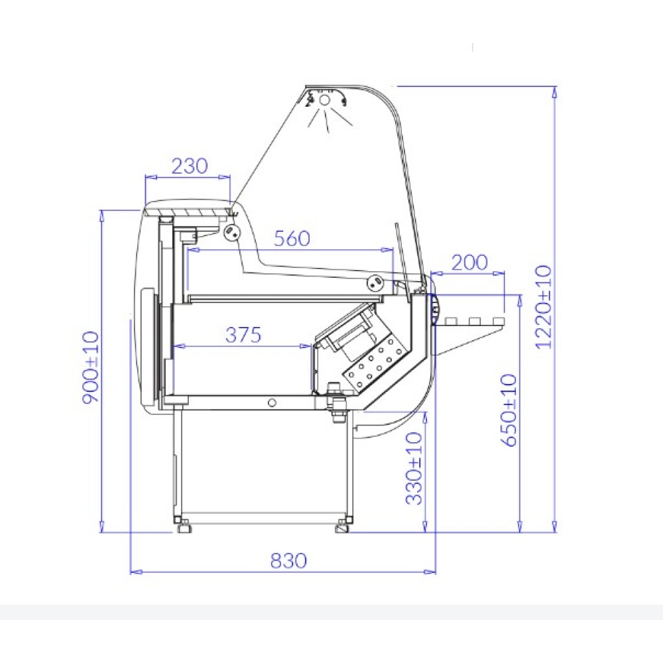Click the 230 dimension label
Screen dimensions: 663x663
(x=190, y=166)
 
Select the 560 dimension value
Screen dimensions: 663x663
(x=292, y=239)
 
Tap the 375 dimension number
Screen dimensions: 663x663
(x=243, y=335)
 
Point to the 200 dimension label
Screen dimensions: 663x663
(x=469, y=263)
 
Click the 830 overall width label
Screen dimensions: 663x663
(x=288, y=561)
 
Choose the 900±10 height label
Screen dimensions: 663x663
(x=90, y=367)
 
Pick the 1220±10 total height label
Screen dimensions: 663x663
(x=544, y=306)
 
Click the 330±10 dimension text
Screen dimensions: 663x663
(x=414, y=469)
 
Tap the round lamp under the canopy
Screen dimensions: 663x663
(x=324, y=100)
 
